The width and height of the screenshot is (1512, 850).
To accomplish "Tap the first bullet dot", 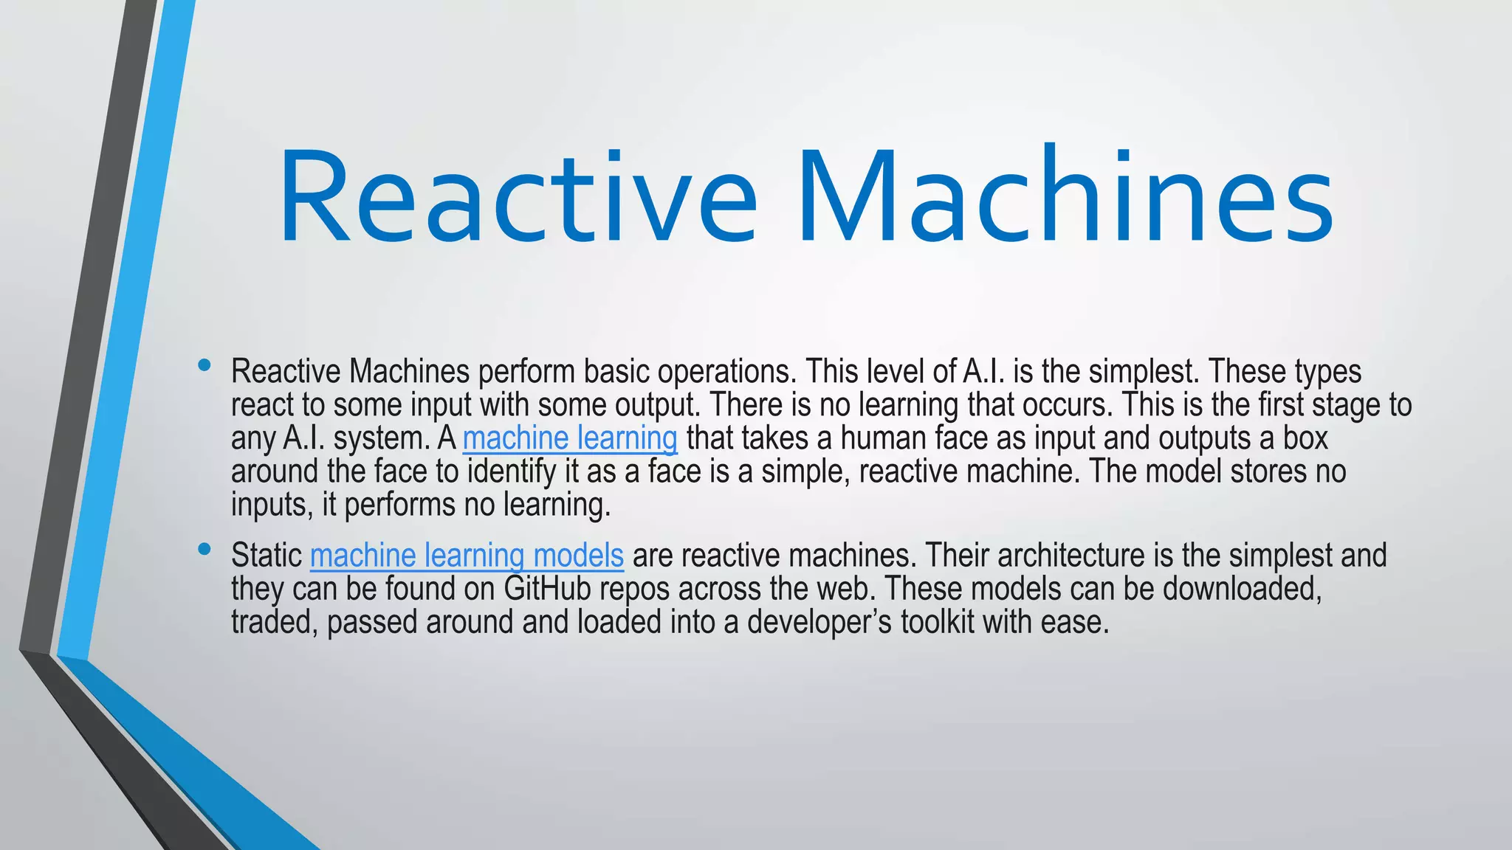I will [x=205, y=365].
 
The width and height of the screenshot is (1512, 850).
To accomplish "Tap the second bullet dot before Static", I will [x=205, y=549].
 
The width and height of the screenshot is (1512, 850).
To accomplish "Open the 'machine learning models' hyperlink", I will [x=467, y=556].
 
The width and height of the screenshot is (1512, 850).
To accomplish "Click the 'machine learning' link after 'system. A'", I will [x=570, y=438].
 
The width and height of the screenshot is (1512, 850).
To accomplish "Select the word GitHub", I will [x=548, y=589].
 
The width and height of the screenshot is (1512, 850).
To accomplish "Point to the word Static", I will [x=267, y=556].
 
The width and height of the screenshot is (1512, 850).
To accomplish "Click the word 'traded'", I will [x=274, y=622].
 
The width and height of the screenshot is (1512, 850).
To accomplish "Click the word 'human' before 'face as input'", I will [x=882, y=438].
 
